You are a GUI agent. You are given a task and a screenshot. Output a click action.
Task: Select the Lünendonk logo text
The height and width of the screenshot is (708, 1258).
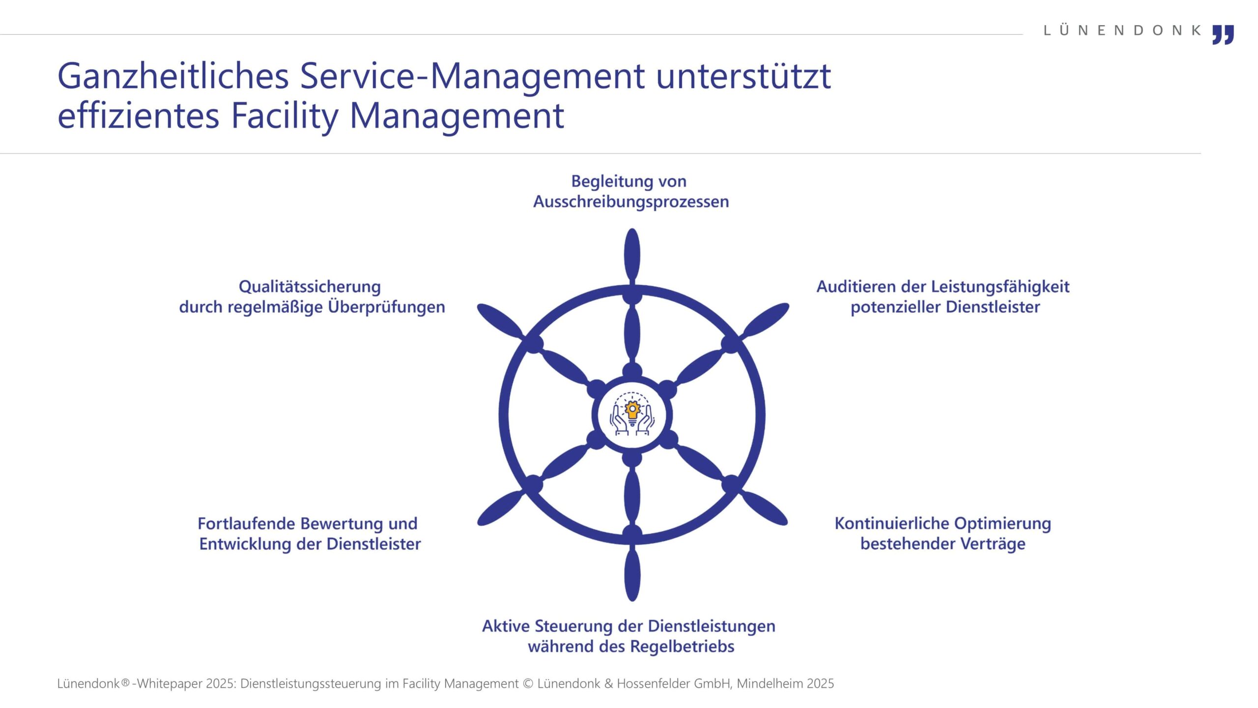(x=1122, y=30)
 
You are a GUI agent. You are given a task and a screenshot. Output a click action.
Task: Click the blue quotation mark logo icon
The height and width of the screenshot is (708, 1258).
(x=1223, y=34)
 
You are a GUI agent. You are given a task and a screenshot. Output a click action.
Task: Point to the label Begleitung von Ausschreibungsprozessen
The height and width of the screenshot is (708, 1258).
(x=630, y=191)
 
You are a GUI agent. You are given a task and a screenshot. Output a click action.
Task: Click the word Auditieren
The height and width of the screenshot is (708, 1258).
(x=856, y=286)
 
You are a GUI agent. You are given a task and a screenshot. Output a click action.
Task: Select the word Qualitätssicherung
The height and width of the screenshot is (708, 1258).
(x=310, y=287)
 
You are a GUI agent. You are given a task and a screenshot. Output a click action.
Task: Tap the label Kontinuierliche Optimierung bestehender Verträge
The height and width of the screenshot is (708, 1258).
(x=943, y=533)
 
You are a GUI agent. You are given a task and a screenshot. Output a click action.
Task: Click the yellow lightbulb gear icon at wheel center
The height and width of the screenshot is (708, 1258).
(x=632, y=412)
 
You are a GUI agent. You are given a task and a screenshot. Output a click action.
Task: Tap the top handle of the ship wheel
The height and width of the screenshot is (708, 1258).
(x=632, y=256)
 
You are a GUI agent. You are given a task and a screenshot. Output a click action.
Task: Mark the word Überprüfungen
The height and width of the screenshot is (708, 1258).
(x=386, y=307)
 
